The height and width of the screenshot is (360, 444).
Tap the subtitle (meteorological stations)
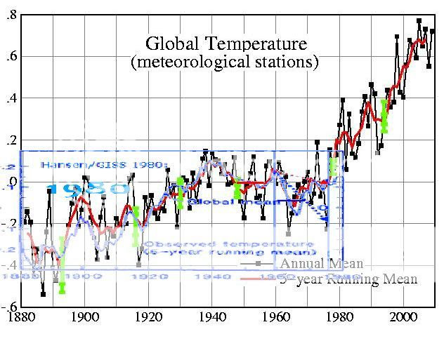[225, 62]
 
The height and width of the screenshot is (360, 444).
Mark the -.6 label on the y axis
[9, 307]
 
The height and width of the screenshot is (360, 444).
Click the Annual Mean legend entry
[322, 264]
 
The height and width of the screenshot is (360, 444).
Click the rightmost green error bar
[384, 114]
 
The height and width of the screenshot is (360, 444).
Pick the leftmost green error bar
[62, 267]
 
